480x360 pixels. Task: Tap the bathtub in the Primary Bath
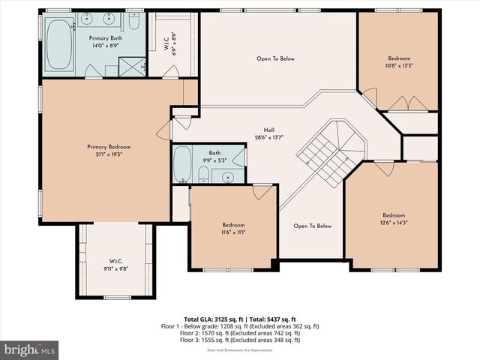pyautogui.click(x=58, y=45)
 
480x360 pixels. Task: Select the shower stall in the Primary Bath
pyautogui.click(x=132, y=68)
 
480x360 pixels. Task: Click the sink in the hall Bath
pyautogui.click(x=226, y=176)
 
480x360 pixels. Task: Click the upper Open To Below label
pyautogui.click(x=275, y=58)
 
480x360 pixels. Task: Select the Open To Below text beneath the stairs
pyautogui.click(x=312, y=226)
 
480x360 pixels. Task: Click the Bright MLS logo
pyautogui.click(x=30, y=349)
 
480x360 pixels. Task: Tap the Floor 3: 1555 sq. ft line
pyautogui.click(x=240, y=340)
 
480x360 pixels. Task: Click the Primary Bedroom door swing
pyautogui.click(x=163, y=130)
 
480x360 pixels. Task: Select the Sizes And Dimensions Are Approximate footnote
pyautogui.click(x=240, y=348)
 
